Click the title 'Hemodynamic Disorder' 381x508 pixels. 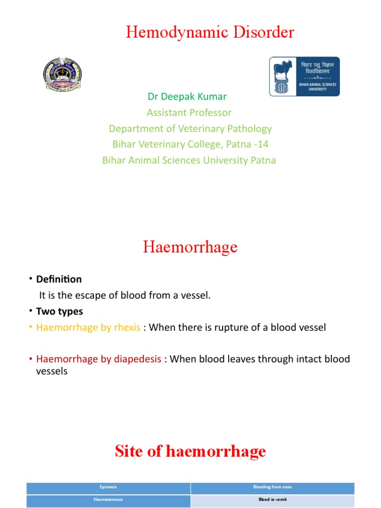[x=210, y=33]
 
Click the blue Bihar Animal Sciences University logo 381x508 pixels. [x=304, y=76]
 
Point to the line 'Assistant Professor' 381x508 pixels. [x=189, y=113]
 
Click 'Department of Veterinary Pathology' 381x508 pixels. [x=190, y=128]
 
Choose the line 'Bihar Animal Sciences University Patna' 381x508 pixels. [x=189, y=160]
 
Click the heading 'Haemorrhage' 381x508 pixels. [x=190, y=247]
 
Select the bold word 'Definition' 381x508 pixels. [x=59, y=279]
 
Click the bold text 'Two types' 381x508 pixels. [x=60, y=312]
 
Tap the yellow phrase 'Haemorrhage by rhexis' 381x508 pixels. [x=88, y=328]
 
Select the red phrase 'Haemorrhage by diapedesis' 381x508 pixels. [x=99, y=359]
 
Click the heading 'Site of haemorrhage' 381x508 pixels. [x=190, y=451]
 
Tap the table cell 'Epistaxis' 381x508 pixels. [x=108, y=487]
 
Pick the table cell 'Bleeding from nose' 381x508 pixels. [x=272, y=487]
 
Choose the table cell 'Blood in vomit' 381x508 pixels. [x=272, y=500]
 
